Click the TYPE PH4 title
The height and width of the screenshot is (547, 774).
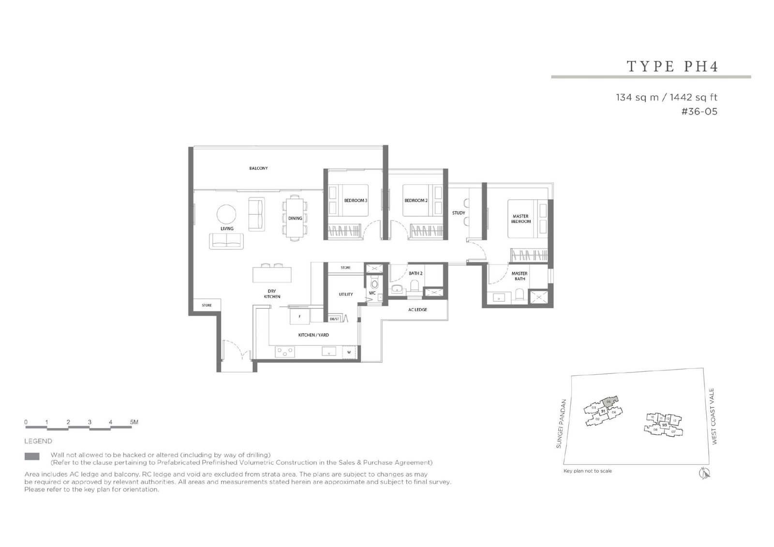point(672,66)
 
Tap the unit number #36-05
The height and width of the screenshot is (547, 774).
point(699,112)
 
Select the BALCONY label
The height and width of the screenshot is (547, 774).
point(258,168)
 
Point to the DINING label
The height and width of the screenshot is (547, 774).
point(295,218)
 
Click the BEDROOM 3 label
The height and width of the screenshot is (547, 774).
point(356,200)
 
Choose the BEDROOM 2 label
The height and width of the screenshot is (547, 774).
point(416,200)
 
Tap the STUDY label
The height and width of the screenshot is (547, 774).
point(458,213)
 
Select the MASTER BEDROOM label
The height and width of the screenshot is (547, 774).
point(521,219)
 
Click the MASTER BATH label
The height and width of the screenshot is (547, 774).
point(519,276)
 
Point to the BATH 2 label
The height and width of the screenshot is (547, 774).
point(416,273)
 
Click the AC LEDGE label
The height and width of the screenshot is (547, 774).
point(417,310)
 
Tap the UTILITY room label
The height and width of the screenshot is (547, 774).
point(345,294)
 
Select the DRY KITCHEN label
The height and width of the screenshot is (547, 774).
point(272,294)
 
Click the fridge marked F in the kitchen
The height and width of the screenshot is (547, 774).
point(299,317)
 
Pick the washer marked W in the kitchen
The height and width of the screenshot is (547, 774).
point(348,353)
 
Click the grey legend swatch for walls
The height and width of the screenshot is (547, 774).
point(32,456)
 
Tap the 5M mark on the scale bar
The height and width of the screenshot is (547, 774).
point(134,422)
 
